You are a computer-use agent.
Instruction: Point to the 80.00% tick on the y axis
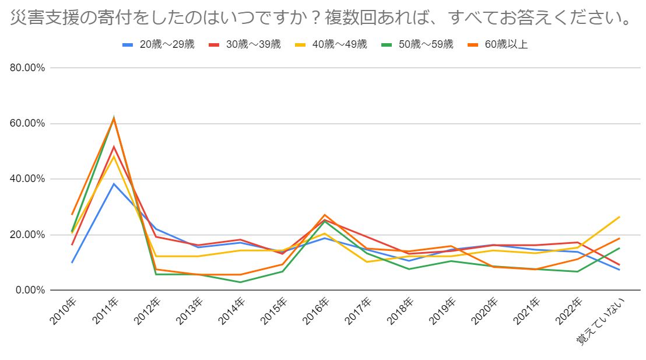tap(28, 68)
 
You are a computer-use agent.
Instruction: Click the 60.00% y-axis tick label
tap(28, 124)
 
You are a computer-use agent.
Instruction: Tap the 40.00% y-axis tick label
tap(28, 179)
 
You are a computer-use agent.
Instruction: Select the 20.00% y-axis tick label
tap(28, 235)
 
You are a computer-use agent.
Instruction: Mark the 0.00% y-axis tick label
tap(30, 291)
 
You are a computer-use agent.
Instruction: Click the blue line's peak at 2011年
tap(114, 184)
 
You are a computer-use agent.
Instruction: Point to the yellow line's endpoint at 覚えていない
tap(619, 216)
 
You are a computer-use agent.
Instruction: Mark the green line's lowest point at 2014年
tap(240, 282)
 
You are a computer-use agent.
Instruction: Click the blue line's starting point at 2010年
tap(72, 263)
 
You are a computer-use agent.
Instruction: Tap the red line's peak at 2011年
tap(114, 146)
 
